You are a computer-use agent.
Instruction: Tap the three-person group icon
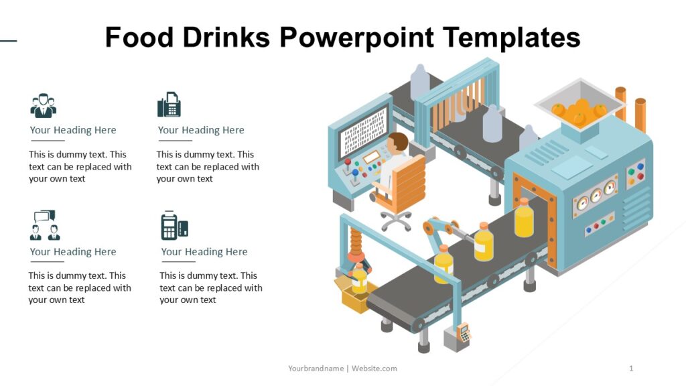[44, 106]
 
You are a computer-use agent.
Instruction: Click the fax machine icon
[169, 105]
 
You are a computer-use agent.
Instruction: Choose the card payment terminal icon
[174, 226]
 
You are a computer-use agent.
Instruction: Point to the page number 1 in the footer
[631, 369]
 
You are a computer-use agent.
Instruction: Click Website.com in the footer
[374, 369]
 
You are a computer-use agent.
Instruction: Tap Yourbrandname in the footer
[316, 369]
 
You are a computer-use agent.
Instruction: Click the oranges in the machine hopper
[578, 111]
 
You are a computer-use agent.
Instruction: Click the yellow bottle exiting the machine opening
[524, 218]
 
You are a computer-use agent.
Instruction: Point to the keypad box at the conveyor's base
[462, 333]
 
